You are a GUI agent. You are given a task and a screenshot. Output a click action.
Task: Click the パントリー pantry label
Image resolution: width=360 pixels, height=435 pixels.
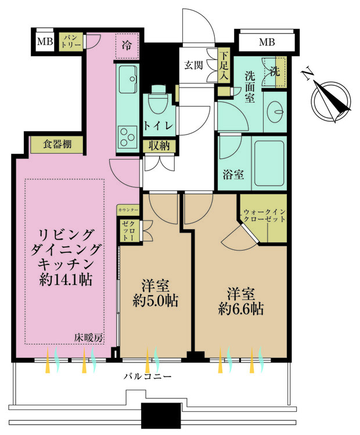point(71,41)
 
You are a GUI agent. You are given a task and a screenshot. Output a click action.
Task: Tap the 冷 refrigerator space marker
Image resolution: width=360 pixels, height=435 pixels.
point(127,46)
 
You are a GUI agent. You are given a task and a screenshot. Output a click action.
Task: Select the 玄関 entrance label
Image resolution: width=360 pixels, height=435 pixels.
point(193,65)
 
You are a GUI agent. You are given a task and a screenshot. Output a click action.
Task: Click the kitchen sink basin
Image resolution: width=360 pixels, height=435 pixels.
point(128,79)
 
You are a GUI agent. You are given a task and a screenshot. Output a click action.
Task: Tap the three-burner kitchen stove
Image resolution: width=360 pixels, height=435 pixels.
point(128,136)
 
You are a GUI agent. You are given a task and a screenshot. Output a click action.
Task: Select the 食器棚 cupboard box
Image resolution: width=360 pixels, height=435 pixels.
point(57,144)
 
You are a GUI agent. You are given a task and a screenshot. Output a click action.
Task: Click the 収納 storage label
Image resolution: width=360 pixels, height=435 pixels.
point(159,146)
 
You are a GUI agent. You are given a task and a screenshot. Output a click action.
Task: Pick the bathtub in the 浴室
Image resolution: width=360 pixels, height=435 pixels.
point(269,164)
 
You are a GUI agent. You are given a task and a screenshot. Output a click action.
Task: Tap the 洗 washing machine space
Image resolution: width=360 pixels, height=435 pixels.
point(274,72)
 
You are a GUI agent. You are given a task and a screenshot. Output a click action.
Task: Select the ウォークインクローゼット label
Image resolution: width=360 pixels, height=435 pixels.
point(264,216)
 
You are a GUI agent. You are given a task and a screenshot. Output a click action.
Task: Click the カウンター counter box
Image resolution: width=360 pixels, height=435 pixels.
point(128,211)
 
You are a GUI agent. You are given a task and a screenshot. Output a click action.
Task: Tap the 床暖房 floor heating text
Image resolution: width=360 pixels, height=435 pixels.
point(89,338)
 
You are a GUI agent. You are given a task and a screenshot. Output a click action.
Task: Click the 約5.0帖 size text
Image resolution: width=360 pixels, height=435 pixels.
point(155,301)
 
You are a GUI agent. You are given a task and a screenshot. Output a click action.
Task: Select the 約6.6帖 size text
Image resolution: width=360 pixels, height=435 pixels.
point(241,309)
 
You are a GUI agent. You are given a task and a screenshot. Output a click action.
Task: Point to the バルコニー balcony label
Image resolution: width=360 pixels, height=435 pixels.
point(148,376)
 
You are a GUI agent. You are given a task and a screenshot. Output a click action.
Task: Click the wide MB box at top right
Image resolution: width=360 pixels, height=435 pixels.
point(267,42)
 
